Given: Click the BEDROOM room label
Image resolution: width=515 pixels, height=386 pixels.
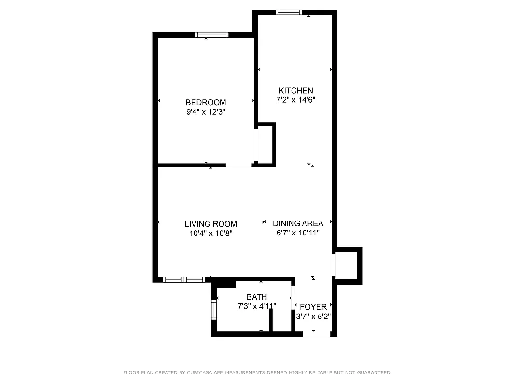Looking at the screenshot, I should click(206, 102).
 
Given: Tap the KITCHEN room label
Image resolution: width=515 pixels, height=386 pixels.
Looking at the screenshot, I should click(295, 90).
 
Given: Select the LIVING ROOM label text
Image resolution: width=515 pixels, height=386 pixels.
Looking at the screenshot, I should click(210, 223).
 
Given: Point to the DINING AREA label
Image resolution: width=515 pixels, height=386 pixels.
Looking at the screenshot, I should click(298, 223).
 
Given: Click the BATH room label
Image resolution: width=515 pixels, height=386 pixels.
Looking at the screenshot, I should click(256, 297).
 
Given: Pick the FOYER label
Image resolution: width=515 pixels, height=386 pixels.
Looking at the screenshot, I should click(313, 307).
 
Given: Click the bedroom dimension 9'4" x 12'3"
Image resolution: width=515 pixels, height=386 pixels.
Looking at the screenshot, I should click(206, 112).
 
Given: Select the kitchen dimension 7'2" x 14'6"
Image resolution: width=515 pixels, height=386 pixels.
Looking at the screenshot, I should click(295, 100).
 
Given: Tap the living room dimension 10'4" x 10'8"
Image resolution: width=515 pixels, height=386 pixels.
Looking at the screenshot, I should click(210, 233).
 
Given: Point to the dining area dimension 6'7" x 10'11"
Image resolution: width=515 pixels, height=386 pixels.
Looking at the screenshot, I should click(298, 233).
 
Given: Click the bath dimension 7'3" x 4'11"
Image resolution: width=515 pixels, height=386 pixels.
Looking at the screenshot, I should click(256, 306).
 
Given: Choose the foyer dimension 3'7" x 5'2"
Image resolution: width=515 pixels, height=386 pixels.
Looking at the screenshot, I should click(313, 317).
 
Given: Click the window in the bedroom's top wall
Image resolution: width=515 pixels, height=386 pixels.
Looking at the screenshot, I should click(211, 35).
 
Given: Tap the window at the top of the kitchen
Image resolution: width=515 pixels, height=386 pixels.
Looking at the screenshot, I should click(289, 13).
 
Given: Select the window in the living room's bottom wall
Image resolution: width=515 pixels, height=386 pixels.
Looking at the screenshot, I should click(183, 279).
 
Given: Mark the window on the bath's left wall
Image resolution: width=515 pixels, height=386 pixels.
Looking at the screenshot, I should click(214, 309).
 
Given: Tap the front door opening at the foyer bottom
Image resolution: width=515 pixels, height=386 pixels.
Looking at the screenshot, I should click(316, 334).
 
